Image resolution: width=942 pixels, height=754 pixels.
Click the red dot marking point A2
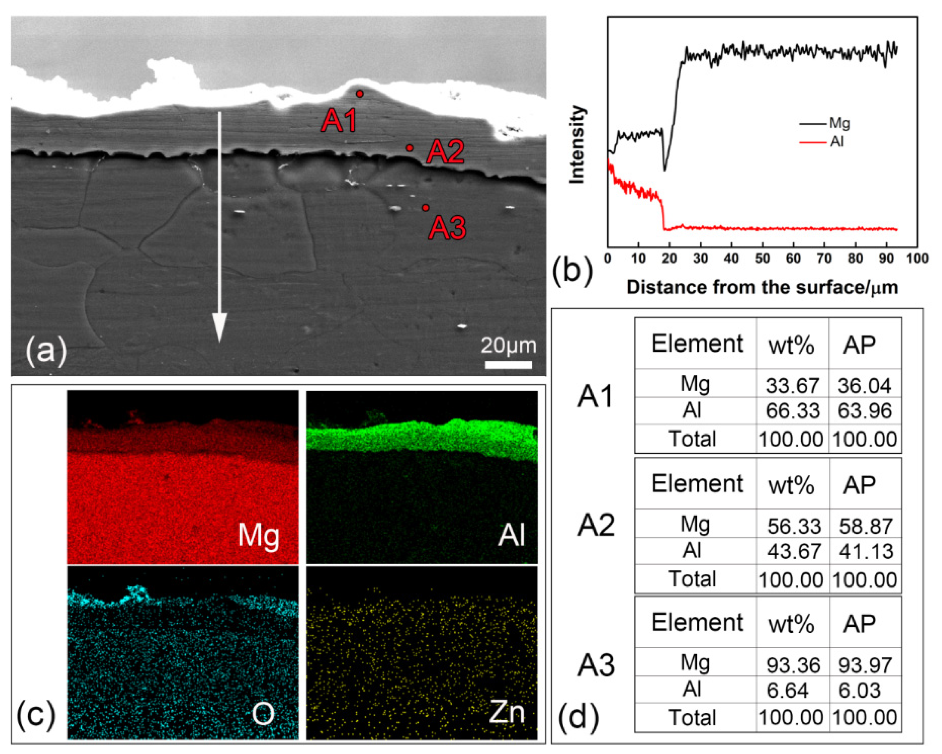[x=409, y=148]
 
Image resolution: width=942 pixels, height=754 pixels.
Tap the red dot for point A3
[x=425, y=208]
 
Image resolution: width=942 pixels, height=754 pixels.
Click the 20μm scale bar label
[x=508, y=345]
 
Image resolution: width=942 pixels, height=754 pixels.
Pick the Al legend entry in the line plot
[x=837, y=142]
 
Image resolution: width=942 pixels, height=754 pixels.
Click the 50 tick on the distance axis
[x=762, y=259]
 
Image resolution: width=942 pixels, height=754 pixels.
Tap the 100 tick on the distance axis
[x=917, y=259]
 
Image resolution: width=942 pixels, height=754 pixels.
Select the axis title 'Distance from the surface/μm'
[x=762, y=287]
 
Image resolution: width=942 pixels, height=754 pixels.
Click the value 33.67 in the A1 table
[x=792, y=385]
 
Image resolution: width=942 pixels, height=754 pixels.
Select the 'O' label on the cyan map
[x=263, y=714]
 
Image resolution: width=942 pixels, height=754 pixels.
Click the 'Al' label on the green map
[x=511, y=535]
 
